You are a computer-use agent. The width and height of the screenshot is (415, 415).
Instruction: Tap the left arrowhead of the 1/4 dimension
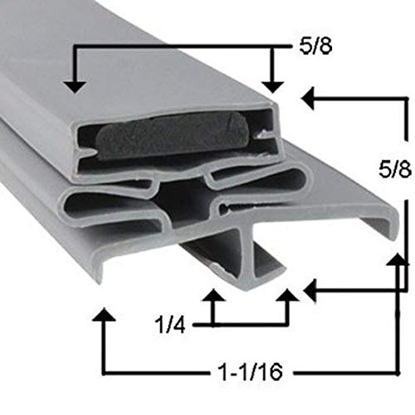(213, 296)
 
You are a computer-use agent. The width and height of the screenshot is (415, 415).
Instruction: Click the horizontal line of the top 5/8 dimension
(174, 48)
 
